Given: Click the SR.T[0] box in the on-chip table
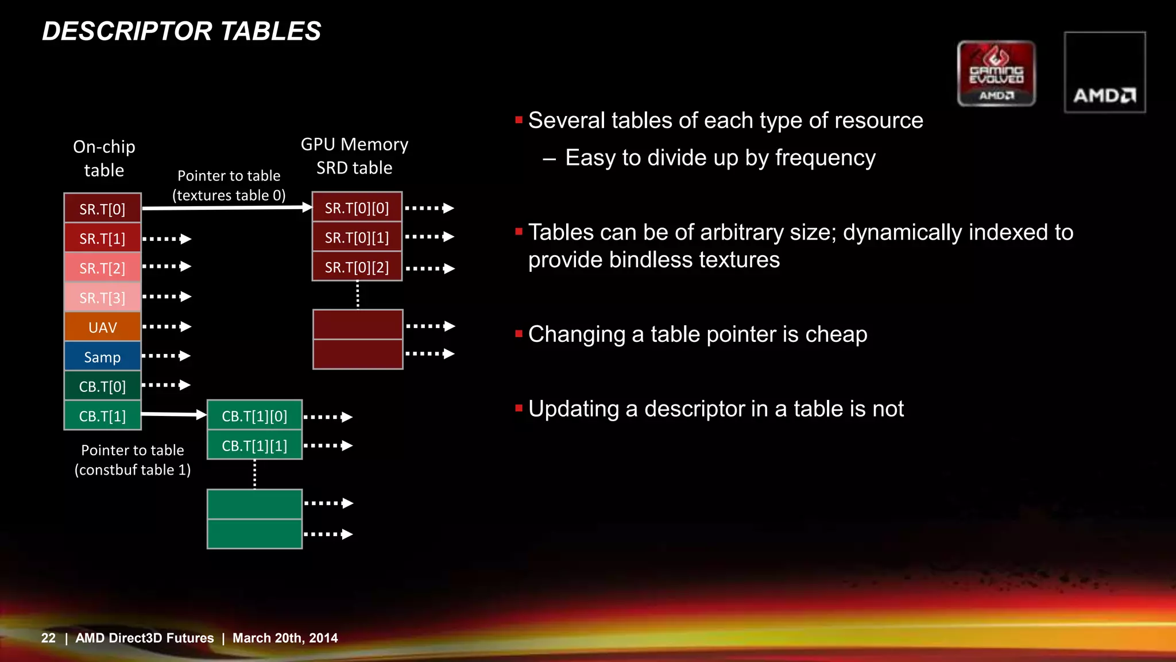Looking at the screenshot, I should click(x=102, y=209).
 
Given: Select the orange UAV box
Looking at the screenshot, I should click(x=102, y=327).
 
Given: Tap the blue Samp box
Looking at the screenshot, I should click(x=102, y=357).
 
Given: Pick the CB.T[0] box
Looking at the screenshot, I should click(x=102, y=386).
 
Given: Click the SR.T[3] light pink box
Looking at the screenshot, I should click(x=102, y=298).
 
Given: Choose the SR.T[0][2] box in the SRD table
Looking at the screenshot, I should click(x=357, y=267).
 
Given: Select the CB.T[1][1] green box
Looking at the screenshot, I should click(x=254, y=446).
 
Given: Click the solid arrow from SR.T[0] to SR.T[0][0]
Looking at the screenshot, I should click(x=227, y=207).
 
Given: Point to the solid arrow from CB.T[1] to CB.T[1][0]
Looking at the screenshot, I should click(x=172, y=414).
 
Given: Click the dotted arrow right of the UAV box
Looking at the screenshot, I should click(x=167, y=326).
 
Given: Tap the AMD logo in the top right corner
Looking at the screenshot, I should click(x=1104, y=72).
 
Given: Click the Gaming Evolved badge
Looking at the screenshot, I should click(x=996, y=73).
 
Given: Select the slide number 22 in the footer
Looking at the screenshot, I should click(x=48, y=638).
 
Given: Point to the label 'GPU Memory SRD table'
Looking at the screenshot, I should click(x=354, y=156).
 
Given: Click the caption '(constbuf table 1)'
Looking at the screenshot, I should click(x=133, y=469).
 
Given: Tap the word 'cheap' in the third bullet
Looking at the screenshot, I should click(x=836, y=334).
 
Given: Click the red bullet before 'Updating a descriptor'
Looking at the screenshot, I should click(x=519, y=409).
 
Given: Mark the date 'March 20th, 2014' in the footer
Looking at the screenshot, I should click(x=285, y=638).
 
